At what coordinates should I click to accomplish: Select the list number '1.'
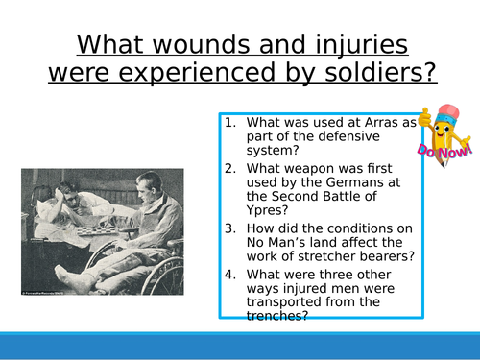(229, 122)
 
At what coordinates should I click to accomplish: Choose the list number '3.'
(229, 229)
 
